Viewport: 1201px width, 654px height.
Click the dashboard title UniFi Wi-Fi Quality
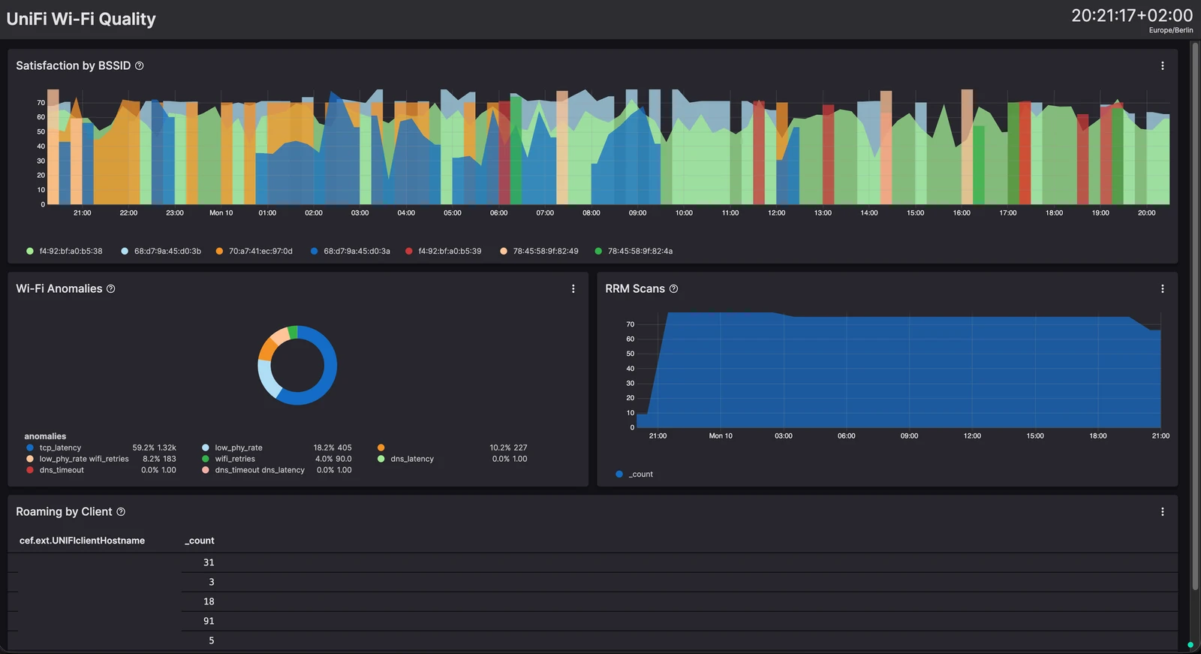(81, 19)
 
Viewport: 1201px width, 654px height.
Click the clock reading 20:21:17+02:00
(1132, 16)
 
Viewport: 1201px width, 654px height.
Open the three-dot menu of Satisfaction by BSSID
(1163, 65)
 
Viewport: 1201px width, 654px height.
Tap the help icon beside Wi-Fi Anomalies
(111, 288)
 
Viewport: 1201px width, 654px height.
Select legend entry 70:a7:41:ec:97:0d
(254, 251)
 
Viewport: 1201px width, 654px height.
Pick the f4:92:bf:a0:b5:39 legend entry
(444, 251)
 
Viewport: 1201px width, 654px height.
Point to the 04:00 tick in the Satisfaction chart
(406, 213)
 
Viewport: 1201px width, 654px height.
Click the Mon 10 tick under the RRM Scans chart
(721, 435)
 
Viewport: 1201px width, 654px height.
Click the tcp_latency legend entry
(53, 448)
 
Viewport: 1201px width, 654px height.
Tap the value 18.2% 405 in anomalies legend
(333, 448)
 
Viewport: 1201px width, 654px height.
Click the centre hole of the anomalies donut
(297, 366)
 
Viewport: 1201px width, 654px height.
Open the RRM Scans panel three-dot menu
(1163, 288)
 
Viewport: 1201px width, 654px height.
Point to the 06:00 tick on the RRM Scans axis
(846, 435)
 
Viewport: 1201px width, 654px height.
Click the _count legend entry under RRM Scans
(634, 475)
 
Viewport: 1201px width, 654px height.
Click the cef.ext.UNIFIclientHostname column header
(82, 541)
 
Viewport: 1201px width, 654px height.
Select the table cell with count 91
(209, 621)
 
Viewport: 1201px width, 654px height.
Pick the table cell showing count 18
(209, 601)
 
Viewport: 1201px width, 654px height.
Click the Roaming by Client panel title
(64, 512)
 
